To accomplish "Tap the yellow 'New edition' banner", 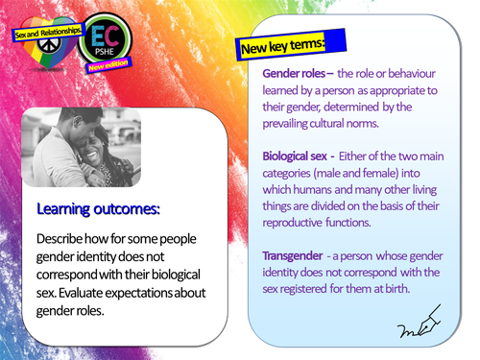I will pyautogui.click(x=108, y=68).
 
